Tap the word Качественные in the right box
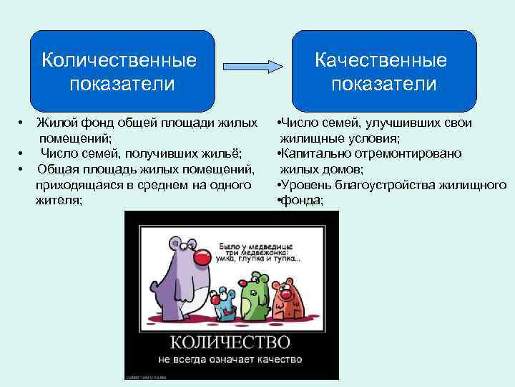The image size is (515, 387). coord(381,59)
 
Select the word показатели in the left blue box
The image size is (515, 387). coord(122,84)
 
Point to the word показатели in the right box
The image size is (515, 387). coord(383,84)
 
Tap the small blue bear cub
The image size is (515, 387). coord(226,300)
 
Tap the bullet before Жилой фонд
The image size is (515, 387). coord(22,123)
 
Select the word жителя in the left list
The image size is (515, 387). coord(59,201)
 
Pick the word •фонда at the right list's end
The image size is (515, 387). coord(300,201)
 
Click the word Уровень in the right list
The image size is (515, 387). coord(308,186)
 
